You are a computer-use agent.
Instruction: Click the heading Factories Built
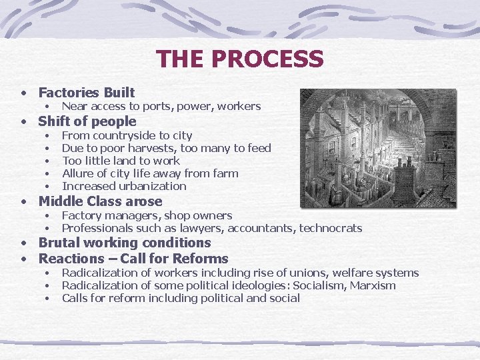[x=87, y=93]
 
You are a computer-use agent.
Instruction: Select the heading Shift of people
[x=87, y=121]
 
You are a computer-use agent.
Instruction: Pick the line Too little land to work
[x=121, y=161]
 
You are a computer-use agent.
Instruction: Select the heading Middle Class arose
[x=100, y=201]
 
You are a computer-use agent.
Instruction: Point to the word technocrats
[x=331, y=228]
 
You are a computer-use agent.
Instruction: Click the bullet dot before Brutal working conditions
[x=23, y=243]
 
